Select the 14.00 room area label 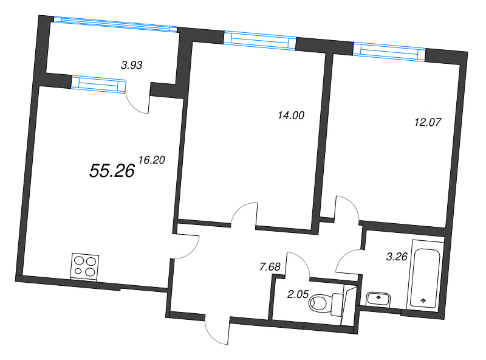pos(289,115)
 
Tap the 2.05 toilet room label pos(298,294)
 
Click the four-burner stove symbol pos(84,266)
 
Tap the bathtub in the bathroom pos(425,274)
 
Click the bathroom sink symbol pos(378,298)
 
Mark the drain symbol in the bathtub pos(423,300)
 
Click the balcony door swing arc pos(137,101)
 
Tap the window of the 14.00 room pos(259,41)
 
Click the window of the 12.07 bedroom pos(389,52)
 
